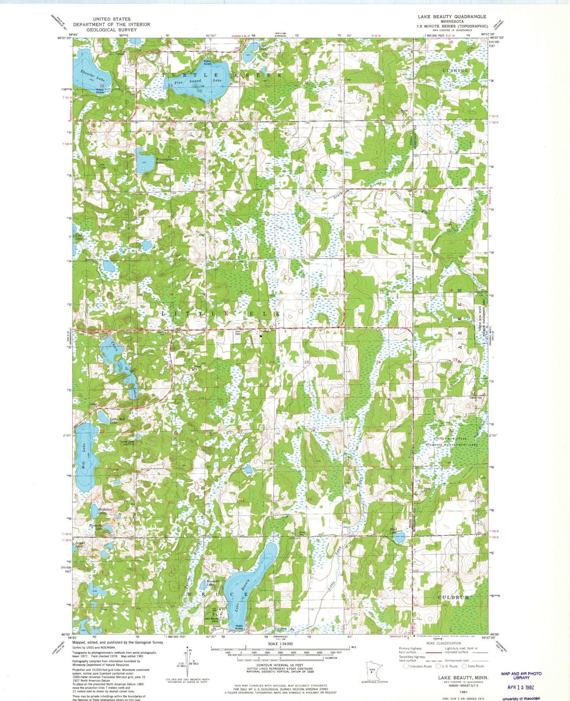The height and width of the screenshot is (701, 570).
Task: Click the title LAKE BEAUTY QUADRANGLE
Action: click(x=452, y=17)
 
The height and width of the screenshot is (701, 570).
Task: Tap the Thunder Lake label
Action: click(x=92, y=74)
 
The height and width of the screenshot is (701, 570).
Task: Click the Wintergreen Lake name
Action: click(x=165, y=161)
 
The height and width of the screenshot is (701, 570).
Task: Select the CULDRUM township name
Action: click(x=453, y=597)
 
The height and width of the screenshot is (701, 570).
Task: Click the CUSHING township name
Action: click(x=455, y=71)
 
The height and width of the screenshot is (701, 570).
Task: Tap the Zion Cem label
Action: click(x=238, y=332)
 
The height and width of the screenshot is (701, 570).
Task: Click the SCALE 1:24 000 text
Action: click(x=280, y=644)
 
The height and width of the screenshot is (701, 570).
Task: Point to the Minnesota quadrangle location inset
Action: click(x=371, y=671)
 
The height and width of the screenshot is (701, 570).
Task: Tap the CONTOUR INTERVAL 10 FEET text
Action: click(x=280, y=665)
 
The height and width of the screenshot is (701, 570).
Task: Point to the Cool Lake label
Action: click(x=79, y=237)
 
